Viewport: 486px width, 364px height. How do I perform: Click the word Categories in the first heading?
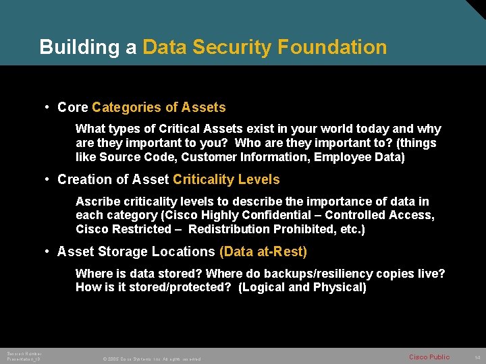[126, 107]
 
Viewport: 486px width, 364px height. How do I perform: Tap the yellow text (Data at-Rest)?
[263, 251]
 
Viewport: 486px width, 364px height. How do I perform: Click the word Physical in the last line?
[340, 287]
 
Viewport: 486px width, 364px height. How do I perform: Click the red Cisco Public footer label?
[429, 357]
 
